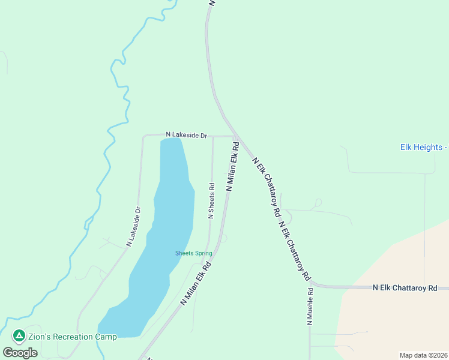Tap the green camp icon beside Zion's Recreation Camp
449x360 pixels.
(19, 335)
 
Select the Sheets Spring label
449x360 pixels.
(193, 253)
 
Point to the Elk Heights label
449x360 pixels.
(424, 147)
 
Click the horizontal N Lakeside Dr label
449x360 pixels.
(186, 136)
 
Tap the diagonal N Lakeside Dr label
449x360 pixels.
(133, 227)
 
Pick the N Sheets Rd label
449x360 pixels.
(211, 201)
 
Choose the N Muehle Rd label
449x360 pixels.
(310, 307)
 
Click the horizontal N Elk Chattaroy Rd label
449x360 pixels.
(405, 289)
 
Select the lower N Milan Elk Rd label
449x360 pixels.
(197, 283)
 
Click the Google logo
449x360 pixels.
(20, 353)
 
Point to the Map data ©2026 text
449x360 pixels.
(423, 355)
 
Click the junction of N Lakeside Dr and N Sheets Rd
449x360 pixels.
(212, 137)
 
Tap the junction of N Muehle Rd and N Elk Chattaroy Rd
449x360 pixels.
(310, 284)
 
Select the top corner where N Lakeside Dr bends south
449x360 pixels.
(144, 137)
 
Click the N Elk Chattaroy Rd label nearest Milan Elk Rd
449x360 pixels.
(267, 187)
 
